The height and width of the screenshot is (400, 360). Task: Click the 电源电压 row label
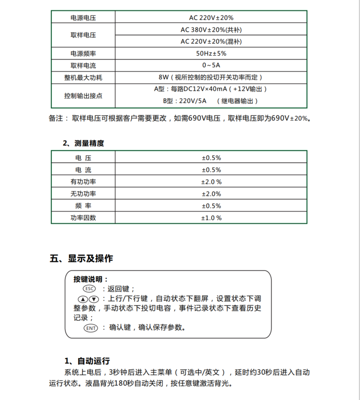tap(83, 18)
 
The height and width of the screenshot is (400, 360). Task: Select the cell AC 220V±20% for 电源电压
tap(211, 18)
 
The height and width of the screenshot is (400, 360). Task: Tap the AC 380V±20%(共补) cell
tap(211, 29)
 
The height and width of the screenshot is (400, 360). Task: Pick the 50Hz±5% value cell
tap(211, 53)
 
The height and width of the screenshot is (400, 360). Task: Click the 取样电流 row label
tap(83, 65)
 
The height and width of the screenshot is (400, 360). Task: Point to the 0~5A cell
tap(211, 65)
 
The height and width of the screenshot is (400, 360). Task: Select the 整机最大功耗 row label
tap(83, 77)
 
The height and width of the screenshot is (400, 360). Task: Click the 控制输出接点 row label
tap(83, 96)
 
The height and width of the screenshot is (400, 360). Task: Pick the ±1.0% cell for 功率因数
tap(211, 218)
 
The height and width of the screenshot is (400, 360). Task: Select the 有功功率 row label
tap(83, 182)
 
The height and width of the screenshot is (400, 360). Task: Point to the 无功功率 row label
tap(83, 194)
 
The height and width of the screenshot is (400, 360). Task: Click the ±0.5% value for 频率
tap(211, 206)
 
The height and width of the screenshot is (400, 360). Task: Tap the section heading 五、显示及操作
tap(81, 259)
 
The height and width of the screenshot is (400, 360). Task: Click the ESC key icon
tap(89, 289)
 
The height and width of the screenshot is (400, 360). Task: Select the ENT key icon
tap(90, 328)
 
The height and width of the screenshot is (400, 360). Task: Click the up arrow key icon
tap(85, 299)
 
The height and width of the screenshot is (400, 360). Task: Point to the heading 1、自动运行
tap(87, 361)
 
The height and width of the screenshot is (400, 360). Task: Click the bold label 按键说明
tap(90, 279)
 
